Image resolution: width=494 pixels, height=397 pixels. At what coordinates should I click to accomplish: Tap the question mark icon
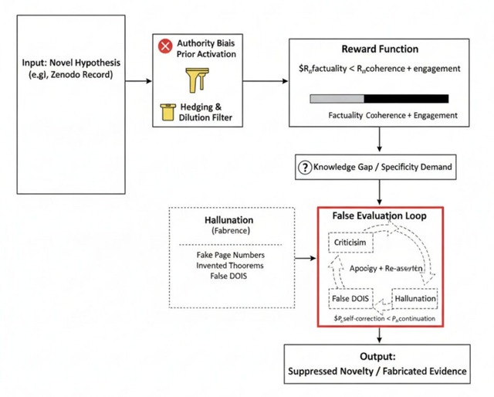303,167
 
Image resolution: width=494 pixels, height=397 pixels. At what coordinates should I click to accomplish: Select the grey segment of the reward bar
337,99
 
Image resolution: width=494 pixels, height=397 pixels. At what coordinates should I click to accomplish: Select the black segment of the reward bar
406,99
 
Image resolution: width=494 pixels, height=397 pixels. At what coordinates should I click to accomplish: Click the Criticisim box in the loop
351,243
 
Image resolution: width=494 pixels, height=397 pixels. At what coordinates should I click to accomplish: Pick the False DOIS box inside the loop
350,297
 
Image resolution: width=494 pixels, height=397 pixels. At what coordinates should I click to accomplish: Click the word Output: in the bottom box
378,358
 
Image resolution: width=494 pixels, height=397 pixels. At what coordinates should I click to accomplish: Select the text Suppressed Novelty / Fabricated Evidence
378,372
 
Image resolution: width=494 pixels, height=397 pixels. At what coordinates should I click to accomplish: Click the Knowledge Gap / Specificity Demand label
386,167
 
